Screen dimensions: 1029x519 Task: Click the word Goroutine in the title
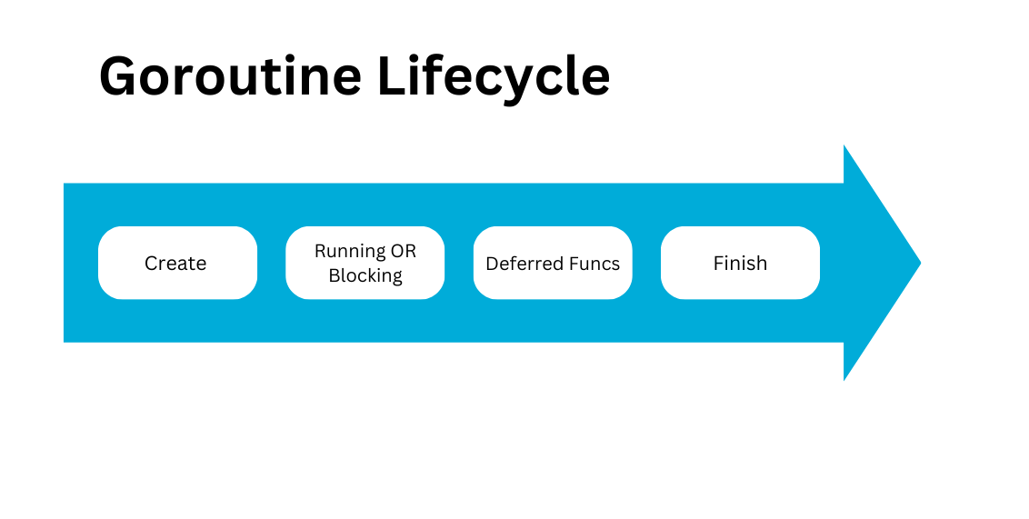coord(230,76)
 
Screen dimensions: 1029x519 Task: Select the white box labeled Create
coord(177,263)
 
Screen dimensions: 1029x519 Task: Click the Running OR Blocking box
coord(365,263)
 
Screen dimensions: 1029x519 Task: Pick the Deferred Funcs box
coord(553,263)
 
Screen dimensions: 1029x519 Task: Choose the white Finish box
coord(740,263)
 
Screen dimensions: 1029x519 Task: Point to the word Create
coord(175,263)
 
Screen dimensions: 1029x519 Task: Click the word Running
coord(351,252)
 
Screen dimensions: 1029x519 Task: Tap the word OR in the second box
coord(404,251)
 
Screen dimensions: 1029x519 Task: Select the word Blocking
coord(365,276)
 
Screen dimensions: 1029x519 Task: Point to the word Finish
coord(740,263)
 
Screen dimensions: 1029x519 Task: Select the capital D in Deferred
coord(493,263)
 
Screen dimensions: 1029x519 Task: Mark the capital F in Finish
coord(719,263)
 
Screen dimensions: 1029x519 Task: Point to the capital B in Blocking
coord(335,274)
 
